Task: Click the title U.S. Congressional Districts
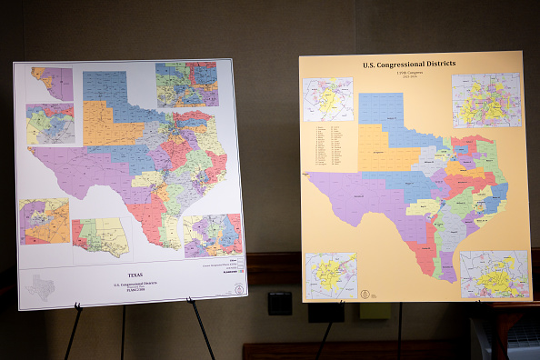(x=409, y=65)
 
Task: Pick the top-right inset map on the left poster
(x=186, y=85)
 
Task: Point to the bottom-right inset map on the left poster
(x=212, y=235)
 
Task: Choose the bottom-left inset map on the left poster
(x=45, y=222)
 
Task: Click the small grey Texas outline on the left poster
(x=40, y=287)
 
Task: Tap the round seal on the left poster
(x=238, y=289)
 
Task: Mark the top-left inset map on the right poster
(x=327, y=99)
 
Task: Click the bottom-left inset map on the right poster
(x=331, y=275)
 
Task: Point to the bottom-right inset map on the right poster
(x=494, y=274)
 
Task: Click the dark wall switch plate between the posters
(x=280, y=303)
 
